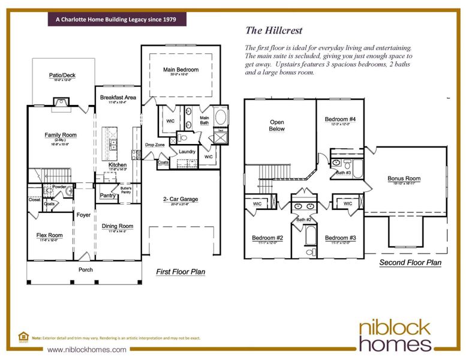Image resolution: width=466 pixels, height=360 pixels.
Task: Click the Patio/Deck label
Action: [x=62, y=75]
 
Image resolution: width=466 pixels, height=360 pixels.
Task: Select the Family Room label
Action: [x=61, y=135]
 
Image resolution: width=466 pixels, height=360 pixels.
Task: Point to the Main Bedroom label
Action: [x=181, y=70]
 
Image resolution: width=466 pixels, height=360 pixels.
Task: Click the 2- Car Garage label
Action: [x=181, y=199]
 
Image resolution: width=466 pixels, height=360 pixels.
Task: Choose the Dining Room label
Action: [x=118, y=226]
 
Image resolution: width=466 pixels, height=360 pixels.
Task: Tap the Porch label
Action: [x=86, y=269]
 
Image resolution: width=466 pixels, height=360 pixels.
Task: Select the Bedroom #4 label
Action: [x=340, y=119]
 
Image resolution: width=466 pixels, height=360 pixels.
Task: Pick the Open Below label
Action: [x=276, y=125]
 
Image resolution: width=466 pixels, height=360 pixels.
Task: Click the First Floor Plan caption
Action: [x=181, y=272]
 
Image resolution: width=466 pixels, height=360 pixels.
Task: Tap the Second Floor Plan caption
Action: [x=411, y=263]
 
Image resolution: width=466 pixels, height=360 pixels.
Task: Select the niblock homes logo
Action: [x=395, y=335]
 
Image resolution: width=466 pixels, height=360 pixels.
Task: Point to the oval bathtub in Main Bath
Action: [x=220, y=116]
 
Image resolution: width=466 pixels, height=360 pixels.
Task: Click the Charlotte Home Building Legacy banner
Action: [x=116, y=19]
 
